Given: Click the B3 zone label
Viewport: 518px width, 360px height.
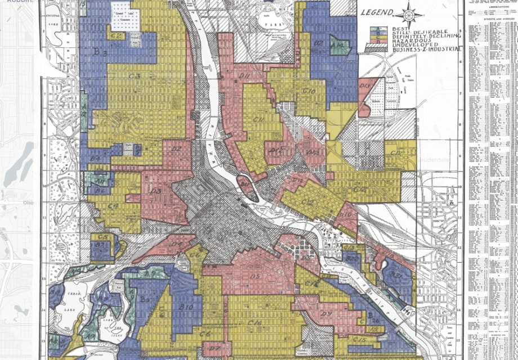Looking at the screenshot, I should [x=101, y=52].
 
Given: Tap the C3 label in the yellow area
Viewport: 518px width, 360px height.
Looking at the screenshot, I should [x=133, y=75].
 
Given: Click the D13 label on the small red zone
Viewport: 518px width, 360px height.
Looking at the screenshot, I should [x=365, y=86].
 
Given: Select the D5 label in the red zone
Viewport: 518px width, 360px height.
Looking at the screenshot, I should [x=255, y=277].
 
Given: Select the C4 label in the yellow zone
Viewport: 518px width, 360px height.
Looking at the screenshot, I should [x=113, y=206].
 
